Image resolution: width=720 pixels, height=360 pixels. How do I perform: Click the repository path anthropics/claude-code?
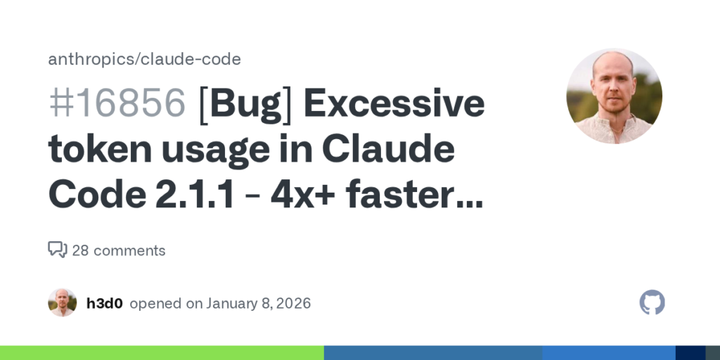point(144,59)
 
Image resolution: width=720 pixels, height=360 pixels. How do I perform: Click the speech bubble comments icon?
point(57,250)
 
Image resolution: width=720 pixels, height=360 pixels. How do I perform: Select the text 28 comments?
point(119,250)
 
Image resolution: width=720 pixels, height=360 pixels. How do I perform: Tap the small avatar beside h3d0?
point(62,303)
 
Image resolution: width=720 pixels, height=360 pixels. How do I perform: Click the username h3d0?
point(105,304)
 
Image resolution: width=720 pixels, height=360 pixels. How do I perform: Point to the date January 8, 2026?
point(258,304)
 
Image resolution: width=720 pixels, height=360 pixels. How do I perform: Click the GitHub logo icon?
point(652,302)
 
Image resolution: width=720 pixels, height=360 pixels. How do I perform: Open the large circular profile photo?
point(614,96)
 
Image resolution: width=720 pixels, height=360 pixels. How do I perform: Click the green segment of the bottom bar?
point(162,353)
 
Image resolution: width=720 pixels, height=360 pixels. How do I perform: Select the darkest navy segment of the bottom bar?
point(690,353)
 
